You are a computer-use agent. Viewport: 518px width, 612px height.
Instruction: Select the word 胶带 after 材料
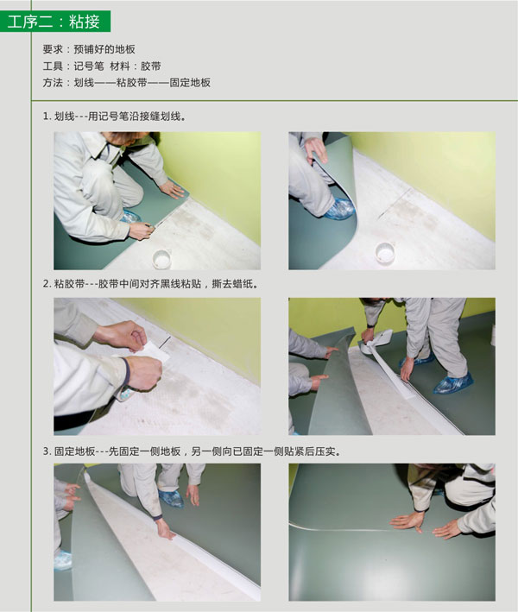[x=151, y=66]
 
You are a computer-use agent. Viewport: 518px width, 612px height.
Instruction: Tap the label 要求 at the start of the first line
[x=53, y=49]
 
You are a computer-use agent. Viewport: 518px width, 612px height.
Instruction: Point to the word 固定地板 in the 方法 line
[x=191, y=83]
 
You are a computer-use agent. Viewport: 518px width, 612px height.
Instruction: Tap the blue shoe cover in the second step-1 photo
[x=340, y=208]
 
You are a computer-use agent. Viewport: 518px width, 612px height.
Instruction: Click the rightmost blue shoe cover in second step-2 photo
[x=452, y=382]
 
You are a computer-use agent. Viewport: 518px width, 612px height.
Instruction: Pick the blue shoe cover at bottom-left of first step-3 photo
[x=63, y=560]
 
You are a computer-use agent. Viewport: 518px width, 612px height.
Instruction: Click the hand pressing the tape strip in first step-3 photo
[x=165, y=528]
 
